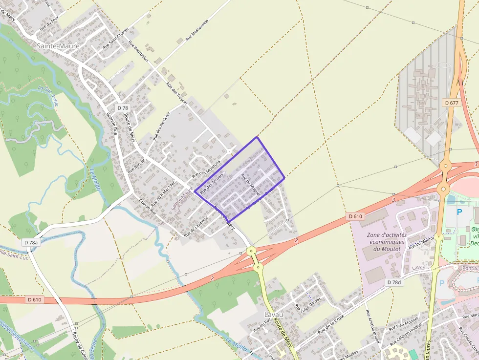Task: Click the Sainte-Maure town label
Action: (58, 46)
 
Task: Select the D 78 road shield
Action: (122, 107)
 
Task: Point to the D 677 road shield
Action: (452, 103)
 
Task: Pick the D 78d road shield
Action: (393, 282)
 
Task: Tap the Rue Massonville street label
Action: (197, 30)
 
